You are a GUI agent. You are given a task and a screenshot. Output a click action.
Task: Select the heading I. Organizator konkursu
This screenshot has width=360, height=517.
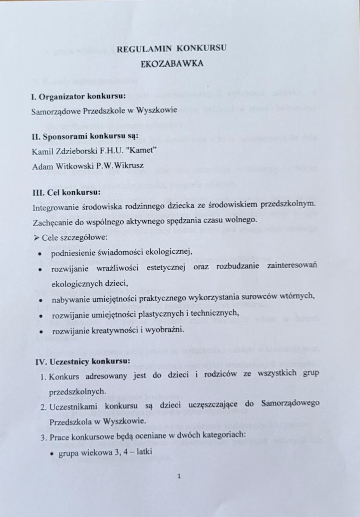(79, 96)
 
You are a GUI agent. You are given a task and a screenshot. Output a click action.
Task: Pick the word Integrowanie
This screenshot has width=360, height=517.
(54, 207)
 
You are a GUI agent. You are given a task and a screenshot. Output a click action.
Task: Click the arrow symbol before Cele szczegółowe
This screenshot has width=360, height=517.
(36, 238)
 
